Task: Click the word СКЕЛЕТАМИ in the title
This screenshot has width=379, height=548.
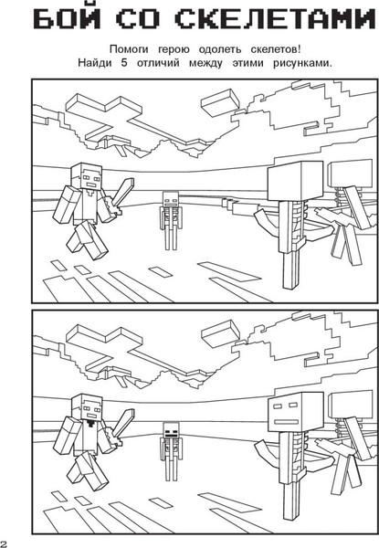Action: pos(274,19)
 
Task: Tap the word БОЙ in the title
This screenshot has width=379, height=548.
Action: pos(68,18)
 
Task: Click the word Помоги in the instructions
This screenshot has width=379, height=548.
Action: pos(129,50)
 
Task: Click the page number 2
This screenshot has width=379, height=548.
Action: pos(3,543)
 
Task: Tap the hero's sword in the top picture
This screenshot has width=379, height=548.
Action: pos(121,196)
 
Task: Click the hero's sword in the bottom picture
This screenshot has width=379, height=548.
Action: pos(121,427)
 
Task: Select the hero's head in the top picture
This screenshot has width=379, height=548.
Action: pos(87,176)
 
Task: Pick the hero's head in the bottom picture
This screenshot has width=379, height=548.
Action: pos(87,407)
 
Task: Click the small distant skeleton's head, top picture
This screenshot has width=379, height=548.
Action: pos(171,199)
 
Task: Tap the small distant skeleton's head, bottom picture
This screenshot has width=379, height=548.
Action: pos(171,430)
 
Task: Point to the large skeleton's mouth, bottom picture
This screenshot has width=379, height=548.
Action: pos(286,422)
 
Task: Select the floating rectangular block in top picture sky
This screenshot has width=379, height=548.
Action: pos(221,102)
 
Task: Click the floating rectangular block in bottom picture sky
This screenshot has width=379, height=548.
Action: pos(221,333)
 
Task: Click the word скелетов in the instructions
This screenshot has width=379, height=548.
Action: pos(276,50)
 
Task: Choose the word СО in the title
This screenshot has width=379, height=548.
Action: pos(137,19)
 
